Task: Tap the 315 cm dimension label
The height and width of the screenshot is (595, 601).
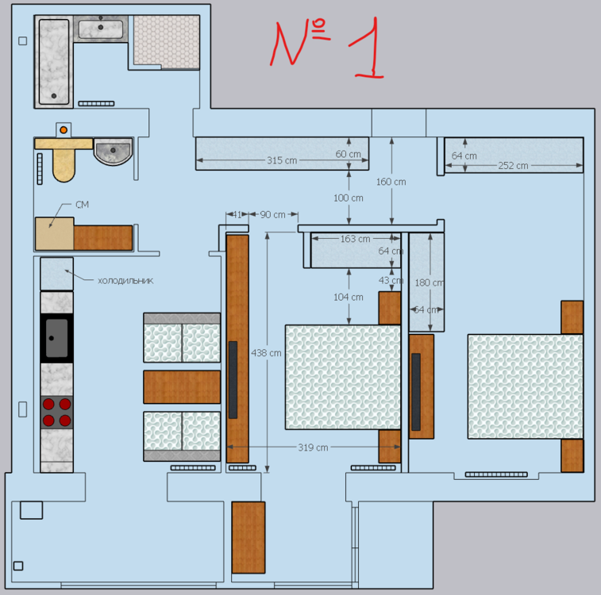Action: click(x=282, y=160)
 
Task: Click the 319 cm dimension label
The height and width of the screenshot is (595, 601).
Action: click(x=313, y=447)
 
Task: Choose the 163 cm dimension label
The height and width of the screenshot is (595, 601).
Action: click(x=355, y=239)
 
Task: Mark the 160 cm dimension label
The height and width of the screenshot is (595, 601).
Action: click(x=391, y=182)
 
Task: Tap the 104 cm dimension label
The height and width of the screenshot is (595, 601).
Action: click(x=349, y=297)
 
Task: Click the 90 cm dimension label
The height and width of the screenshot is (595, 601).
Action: click(x=273, y=214)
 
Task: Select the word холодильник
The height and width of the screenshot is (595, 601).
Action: click(x=125, y=280)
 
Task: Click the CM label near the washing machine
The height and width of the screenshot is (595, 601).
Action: click(x=82, y=205)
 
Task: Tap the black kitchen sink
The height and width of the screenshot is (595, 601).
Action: click(x=56, y=338)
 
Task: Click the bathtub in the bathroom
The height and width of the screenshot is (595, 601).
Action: click(x=53, y=62)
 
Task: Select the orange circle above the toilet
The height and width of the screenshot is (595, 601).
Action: click(x=64, y=129)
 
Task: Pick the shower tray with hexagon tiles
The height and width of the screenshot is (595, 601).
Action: click(x=165, y=41)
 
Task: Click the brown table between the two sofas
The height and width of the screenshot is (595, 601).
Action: click(x=182, y=387)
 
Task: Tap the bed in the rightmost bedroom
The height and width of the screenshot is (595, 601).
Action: click(x=525, y=386)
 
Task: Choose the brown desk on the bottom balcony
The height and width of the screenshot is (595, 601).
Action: click(x=248, y=537)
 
